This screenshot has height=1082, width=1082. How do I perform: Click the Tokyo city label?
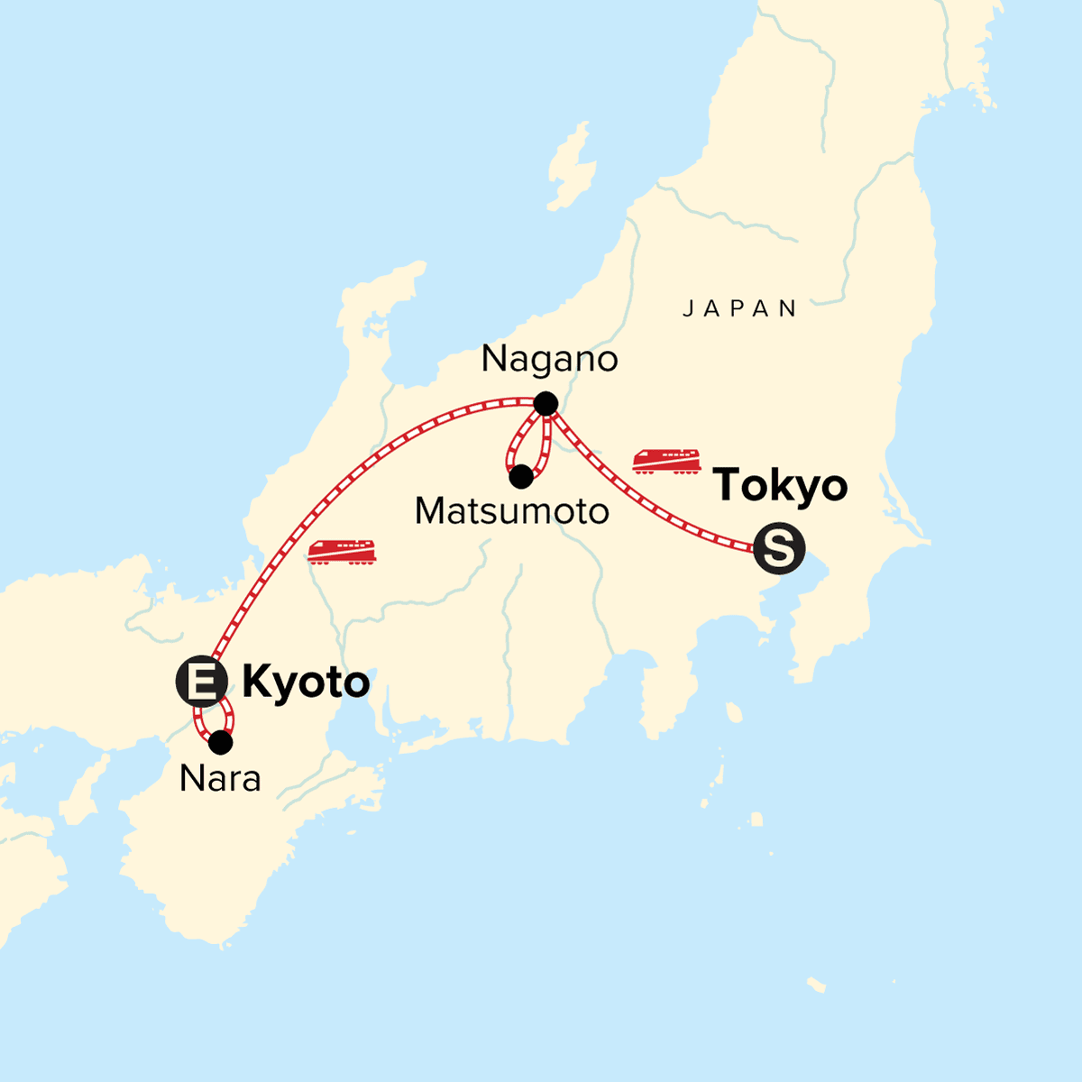click(780, 485)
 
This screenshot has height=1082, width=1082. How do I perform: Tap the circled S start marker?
click(778, 548)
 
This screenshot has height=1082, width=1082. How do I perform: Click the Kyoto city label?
click(306, 683)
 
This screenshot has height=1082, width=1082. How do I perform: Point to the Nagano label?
click(549, 359)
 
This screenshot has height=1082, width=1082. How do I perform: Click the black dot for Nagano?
click(545, 404)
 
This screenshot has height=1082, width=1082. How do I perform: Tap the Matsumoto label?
click(511, 511)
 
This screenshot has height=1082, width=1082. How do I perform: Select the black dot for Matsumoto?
click(520, 477)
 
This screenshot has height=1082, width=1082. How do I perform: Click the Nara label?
click(220, 778)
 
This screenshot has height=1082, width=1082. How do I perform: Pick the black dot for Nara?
click(220, 743)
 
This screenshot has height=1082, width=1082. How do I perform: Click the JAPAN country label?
click(739, 309)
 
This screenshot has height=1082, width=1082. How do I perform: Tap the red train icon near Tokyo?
click(666, 461)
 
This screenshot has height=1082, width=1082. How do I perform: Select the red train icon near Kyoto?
click(342, 551)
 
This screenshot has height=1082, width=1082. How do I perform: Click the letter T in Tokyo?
click(729, 485)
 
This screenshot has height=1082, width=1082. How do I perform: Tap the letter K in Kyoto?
click(258, 683)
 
